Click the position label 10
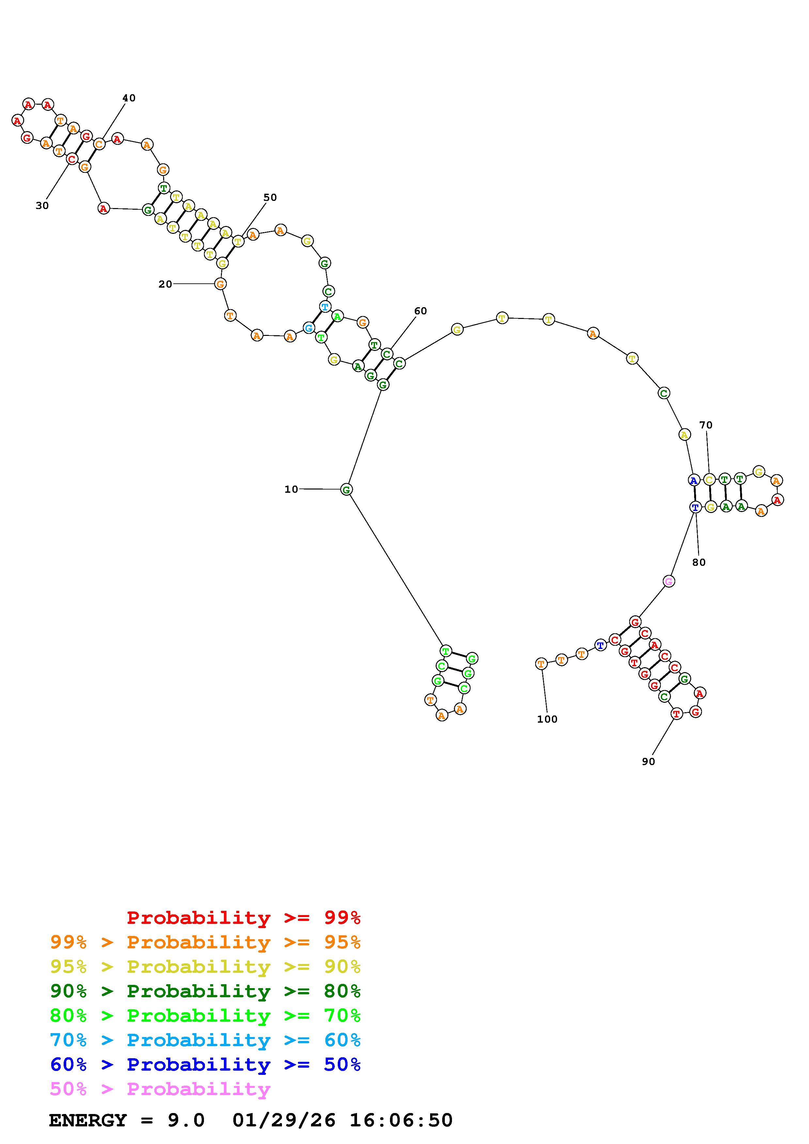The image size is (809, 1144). tap(291, 489)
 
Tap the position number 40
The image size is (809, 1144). tap(129, 98)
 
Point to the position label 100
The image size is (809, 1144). tap(547, 719)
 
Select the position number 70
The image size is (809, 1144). tap(706, 425)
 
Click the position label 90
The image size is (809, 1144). tap(648, 761)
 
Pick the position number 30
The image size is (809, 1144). tap(42, 205)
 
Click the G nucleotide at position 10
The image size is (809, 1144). tap(347, 489)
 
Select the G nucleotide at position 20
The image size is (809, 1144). tap(220, 284)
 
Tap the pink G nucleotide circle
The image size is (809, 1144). tap(669, 581)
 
